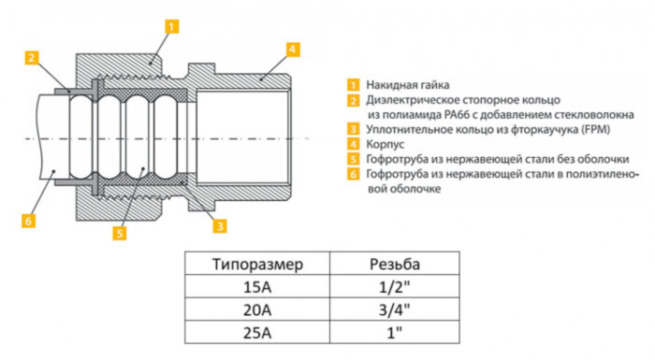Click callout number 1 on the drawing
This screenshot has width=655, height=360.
pyautogui.click(x=170, y=26)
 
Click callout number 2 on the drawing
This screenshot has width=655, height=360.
pyautogui.click(x=32, y=58)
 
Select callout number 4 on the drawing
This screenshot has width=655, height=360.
pyautogui.click(x=293, y=48)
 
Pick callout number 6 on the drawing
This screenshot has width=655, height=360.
pyautogui.click(x=29, y=221)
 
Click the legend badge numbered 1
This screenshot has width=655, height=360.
pyautogui.click(x=353, y=83)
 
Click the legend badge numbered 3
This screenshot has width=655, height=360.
pyautogui.click(x=353, y=128)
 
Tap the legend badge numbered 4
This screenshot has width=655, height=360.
pyautogui.click(x=353, y=144)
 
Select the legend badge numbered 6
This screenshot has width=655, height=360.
pyautogui.click(x=353, y=174)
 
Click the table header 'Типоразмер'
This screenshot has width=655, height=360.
pyautogui.click(x=258, y=265)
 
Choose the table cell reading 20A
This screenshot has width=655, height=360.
pyautogui.click(x=258, y=310)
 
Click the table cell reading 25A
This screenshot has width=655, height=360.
pyautogui.click(x=258, y=332)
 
